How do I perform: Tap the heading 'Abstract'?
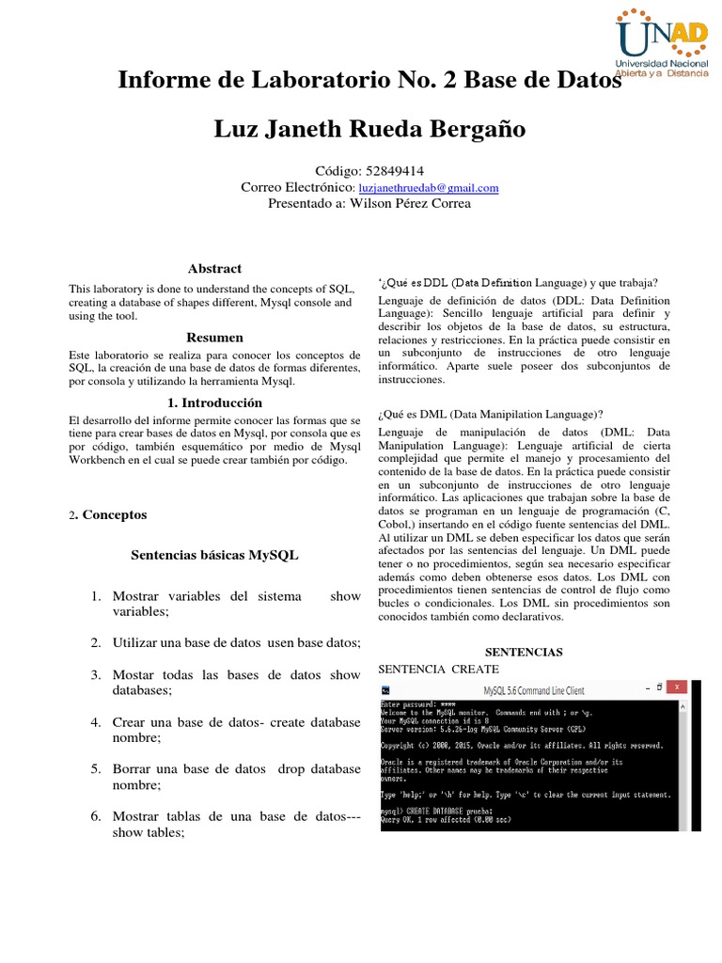(x=214, y=269)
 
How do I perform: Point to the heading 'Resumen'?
(x=214, y=338)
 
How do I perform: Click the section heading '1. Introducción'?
(x=214, y=403)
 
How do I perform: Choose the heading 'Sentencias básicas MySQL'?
(x=214, y=556)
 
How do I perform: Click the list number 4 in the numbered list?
(x=96, y=722)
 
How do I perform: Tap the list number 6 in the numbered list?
(x=96, y=816)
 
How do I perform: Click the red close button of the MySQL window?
(x=677, y=687)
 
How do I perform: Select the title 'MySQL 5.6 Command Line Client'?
(x=534, y=690)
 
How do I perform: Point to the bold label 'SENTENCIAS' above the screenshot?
(x=523, y=652)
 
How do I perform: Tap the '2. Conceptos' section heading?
(x=110, y=515)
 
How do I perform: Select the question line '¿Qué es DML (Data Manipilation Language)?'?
(x=490, y=414)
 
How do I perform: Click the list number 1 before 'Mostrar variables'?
(x=96, y=596)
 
